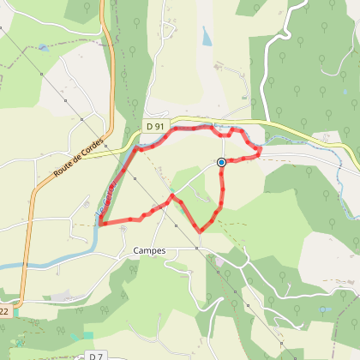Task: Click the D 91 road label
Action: tap(154, 127)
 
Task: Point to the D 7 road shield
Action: tap(95, 355)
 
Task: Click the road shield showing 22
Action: tap(7, 311)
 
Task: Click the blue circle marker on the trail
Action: tap(221, 162)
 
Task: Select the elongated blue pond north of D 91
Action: tap(206, 37)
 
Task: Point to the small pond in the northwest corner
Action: tap(43, 49)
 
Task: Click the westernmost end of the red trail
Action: tap(100, 225)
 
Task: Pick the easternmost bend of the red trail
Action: tap(260, 153)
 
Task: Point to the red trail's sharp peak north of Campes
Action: tap(172, 196)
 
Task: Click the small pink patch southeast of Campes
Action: tap(219, 260)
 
